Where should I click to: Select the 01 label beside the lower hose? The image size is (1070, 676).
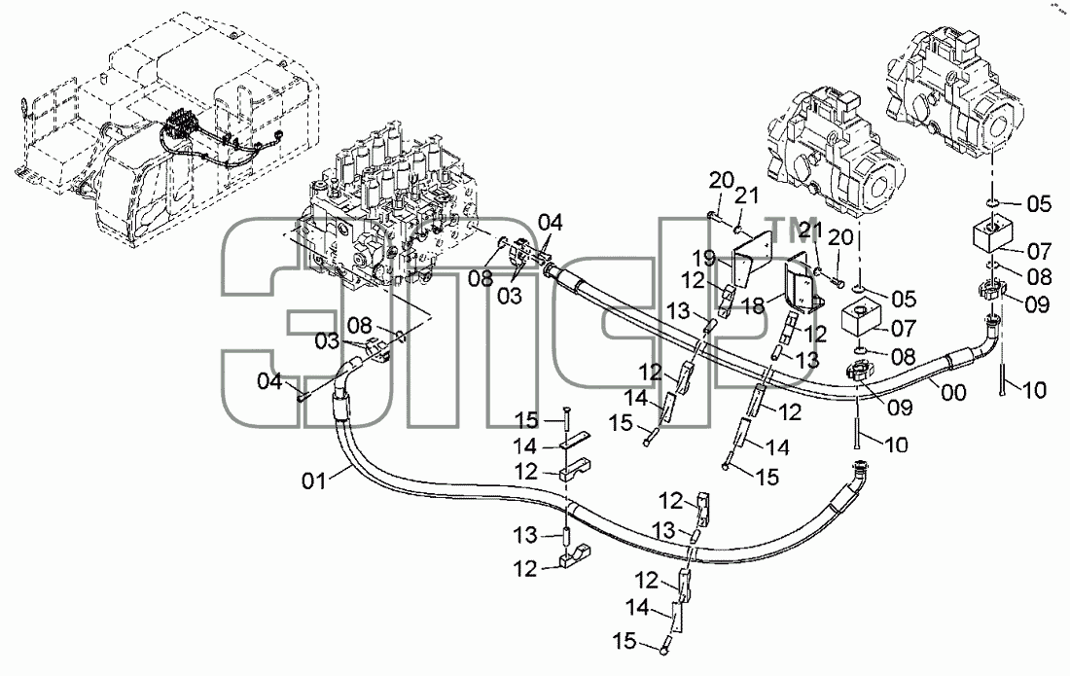pos(314,480)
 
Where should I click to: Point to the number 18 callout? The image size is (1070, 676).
pos(753,306)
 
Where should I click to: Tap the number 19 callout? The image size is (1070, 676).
pos(704,259)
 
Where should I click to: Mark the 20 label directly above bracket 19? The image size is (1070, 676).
pos(721,181)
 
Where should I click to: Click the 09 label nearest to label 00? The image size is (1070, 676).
pos(900,408)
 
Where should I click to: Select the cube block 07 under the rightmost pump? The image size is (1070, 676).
pos(993,232)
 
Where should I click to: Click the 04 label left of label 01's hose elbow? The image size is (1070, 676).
pos(269,380)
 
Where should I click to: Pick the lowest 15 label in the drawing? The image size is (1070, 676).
pos(624,641)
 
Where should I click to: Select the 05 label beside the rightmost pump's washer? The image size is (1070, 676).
pos(1039,203)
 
